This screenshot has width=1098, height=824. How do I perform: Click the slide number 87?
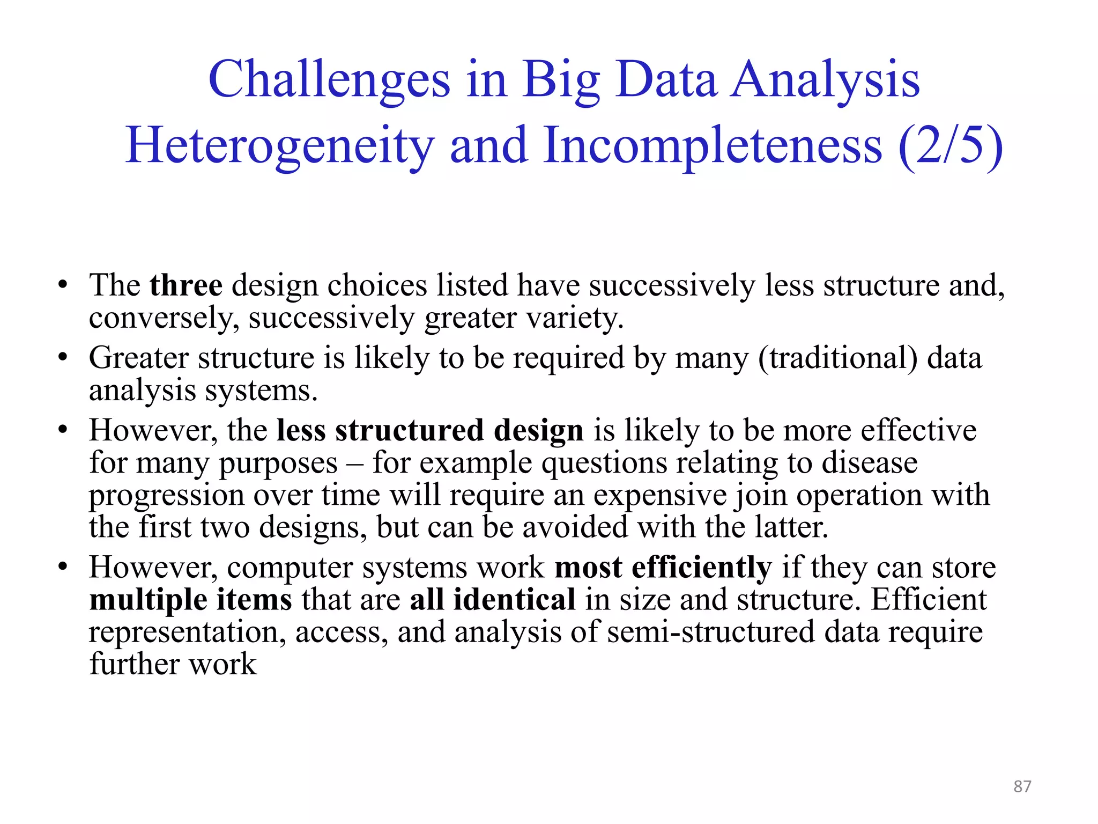[x=1022, y=786]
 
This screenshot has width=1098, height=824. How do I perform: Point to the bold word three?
[x=186, y=285]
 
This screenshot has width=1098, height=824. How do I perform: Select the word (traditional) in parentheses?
[x=837, y=358]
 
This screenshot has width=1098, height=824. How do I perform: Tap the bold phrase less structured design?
[x=429, y=430]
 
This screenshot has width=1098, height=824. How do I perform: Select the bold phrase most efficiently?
[x=663, y=568]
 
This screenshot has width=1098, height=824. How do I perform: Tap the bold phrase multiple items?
[x=190, y=600]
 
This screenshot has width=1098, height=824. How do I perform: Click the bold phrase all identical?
[x=492, y=600]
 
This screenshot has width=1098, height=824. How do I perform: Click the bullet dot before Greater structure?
[x=63, y=357]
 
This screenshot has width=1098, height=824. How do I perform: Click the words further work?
[x=173, y=664]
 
